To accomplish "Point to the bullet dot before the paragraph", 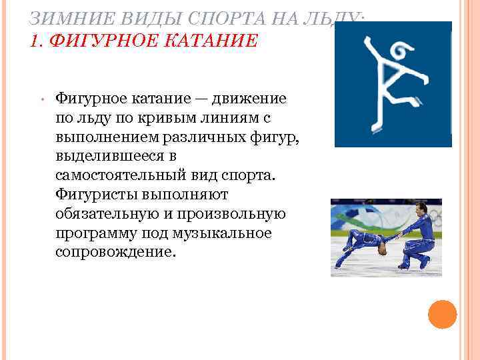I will pos(41,101).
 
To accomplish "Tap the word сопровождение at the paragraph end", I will pos(114,253).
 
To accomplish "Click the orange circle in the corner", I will pos(441,314).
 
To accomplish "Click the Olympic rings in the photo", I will pos(433,215).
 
